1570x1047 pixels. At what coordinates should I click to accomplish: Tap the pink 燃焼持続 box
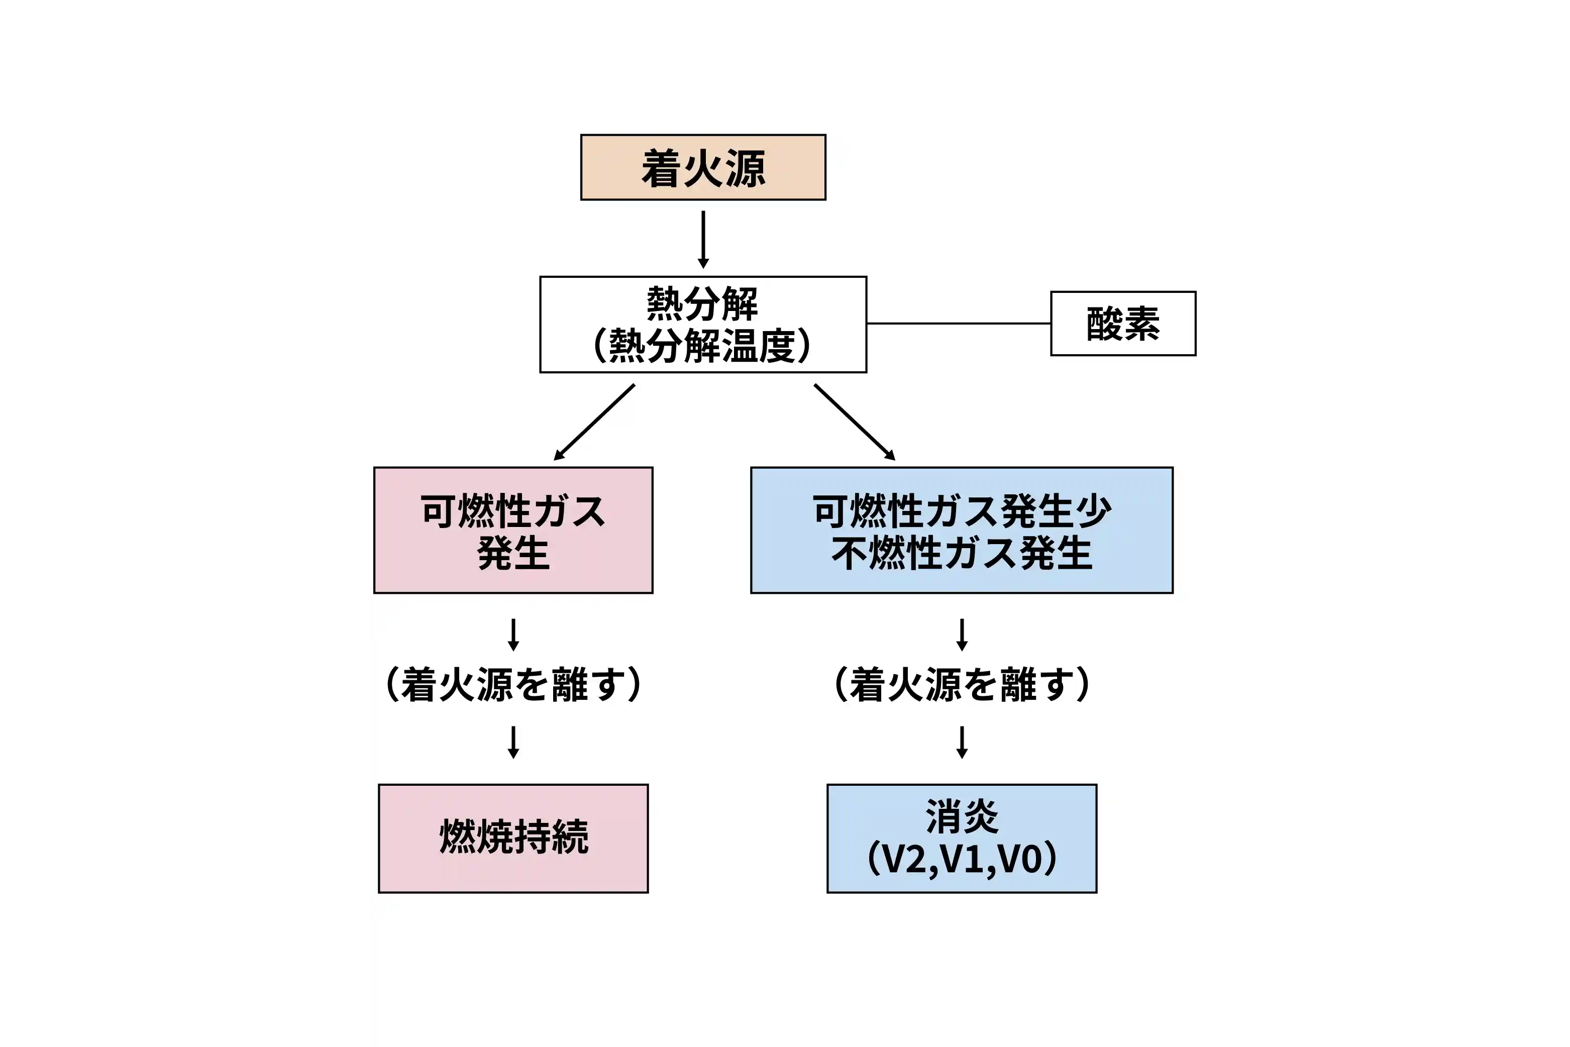(513, 838)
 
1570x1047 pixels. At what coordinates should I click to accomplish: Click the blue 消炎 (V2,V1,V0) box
(962, 838)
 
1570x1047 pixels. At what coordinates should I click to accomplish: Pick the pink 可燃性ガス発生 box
(513, 530)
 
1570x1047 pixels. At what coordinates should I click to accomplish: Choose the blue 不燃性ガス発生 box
(962, 530)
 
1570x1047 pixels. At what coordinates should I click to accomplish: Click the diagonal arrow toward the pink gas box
(594, 422)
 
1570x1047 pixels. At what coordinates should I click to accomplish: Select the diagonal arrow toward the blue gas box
(854, 422)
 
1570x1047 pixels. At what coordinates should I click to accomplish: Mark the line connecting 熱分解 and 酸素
(959, 323)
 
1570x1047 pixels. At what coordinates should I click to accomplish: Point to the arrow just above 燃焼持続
(513, 743)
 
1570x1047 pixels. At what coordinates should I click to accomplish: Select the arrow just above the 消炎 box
(962, 743)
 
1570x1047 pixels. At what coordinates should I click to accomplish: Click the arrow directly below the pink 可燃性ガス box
(513, 635)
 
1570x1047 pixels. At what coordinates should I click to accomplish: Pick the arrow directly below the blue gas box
(962, 635)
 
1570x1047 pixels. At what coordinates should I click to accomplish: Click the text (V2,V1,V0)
(962, 859)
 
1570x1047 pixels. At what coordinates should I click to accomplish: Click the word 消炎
(962, 816)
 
